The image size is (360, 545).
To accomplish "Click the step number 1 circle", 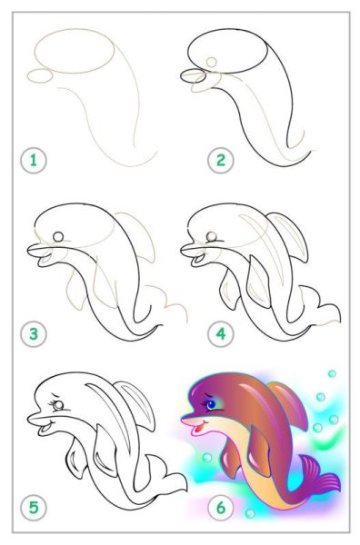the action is tap(34, 161).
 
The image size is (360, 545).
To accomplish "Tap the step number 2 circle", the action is tap(221, 161).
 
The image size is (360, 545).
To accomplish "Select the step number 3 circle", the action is tap(34, 334).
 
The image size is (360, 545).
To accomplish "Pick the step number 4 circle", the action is tap(221, 334).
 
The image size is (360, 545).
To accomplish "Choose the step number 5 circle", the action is tap(34, 508).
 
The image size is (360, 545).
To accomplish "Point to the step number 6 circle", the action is tap(221, 508).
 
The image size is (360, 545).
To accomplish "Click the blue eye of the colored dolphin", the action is tap(211, 404).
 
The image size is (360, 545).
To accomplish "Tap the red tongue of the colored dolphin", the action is tap(198, 429).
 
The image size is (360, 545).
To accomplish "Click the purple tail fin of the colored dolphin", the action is tap(319, 476).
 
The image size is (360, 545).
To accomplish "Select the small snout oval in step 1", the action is tap(40, 75).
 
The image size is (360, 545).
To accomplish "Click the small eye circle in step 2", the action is tap(211, 62).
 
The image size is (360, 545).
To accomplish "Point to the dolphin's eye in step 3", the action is tap(58, 237).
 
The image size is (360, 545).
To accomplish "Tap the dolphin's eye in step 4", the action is tap(211, 237).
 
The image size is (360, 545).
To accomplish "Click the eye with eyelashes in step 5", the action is tap(58, 405).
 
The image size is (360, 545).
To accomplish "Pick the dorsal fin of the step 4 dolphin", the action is tap(290, 236).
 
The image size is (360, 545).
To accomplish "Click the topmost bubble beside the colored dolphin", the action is tap(332, 373).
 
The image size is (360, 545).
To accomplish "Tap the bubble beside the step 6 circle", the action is tap(249, 513).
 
